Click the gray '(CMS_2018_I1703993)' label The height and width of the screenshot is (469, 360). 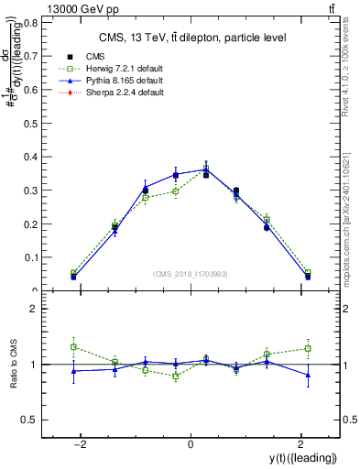click(190, 274)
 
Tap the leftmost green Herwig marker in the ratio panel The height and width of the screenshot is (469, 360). click(73, 347)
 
